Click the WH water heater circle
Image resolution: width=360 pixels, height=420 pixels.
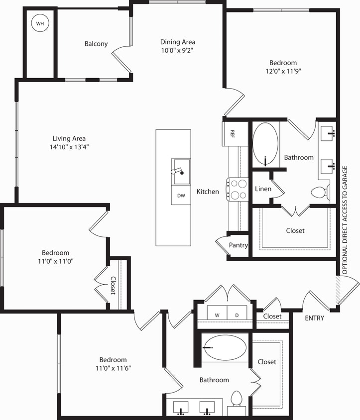click(x=39, y=23)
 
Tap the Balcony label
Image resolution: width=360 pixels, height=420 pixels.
click(x=96, y=44)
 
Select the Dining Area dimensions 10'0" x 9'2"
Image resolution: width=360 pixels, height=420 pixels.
click(x=178, y=50)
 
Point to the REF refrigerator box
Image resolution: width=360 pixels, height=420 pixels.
click(x=232, y=133)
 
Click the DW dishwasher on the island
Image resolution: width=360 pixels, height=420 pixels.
click(x=181, y=196)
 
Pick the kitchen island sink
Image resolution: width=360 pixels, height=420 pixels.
click(x=181, y=171)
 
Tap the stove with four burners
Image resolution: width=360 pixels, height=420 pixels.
click(x=238, y=189)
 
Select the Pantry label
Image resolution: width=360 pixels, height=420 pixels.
click(x=239, y=245)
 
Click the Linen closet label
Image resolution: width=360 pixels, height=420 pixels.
click(x=263, y=189)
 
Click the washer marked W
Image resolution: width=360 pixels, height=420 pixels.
click(x=217, y=315)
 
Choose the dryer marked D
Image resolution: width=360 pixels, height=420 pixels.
click(x=237, y=315)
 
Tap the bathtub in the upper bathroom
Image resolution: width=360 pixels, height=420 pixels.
click(x=265, y=144)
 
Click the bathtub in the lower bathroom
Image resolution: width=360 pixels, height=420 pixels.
click(x=225, y=347)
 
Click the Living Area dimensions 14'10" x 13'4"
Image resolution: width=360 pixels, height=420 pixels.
click(x=70, y=147)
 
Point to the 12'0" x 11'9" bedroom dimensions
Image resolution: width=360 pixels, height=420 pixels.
click(x=283, y=71)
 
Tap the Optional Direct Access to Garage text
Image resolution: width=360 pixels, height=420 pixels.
click(x=344, y=221)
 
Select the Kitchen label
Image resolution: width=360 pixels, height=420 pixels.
click(x=208, y=192)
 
